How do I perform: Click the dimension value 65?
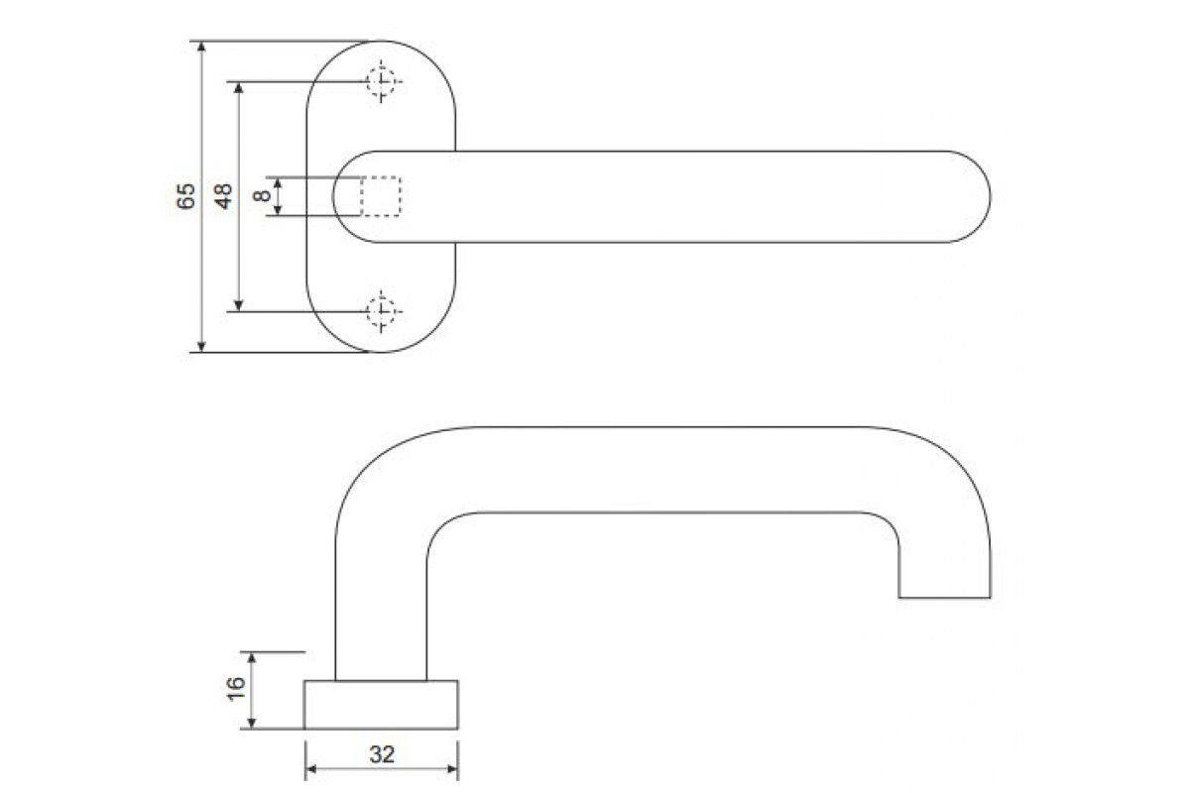(x=185, y=196)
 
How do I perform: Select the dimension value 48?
(x=224, y=195)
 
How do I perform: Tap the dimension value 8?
(x=262, y=196)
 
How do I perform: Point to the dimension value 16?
(x=235, y=691)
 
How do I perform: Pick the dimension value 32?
(x=382, y=754)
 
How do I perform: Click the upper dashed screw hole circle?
(x=382, y=81)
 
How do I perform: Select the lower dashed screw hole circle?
(x=382, y=311)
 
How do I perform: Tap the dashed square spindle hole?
(x=380, y=196)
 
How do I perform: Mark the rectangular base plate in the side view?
(x=381, y=705)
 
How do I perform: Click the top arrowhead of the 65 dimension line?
(x=202, y=47)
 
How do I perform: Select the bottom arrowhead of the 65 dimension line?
(x=202, y=346)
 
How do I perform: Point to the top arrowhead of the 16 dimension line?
(x=253, y=658)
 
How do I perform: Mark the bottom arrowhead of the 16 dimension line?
(x=253, y=723)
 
